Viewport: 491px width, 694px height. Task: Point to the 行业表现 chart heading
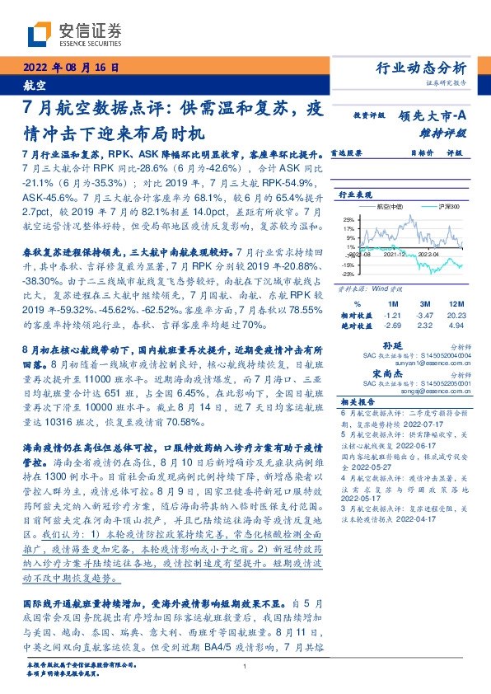pyautogui.click(x=353, y=195)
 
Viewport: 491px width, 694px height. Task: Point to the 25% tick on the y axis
pyautogui.click(x=349, y=219)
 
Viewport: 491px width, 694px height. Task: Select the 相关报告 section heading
pyautogui.click(x=357, y=401)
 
